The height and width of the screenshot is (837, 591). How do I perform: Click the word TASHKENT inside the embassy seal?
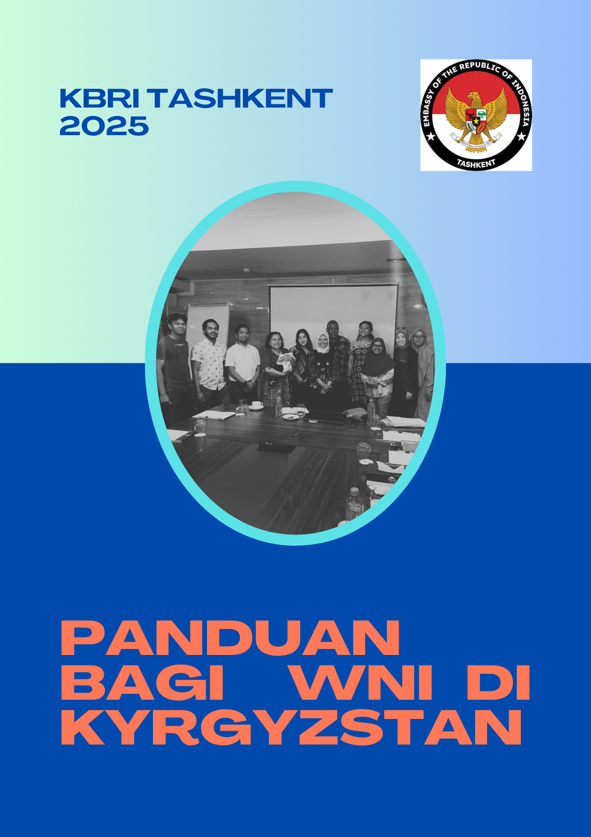476,163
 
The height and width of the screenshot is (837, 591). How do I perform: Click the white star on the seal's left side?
431,136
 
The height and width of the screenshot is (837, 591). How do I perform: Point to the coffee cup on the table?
257,405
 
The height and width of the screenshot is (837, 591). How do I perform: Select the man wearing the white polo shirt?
243,363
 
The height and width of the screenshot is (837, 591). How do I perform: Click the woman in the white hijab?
323,368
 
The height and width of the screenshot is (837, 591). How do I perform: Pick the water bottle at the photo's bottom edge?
354,505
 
